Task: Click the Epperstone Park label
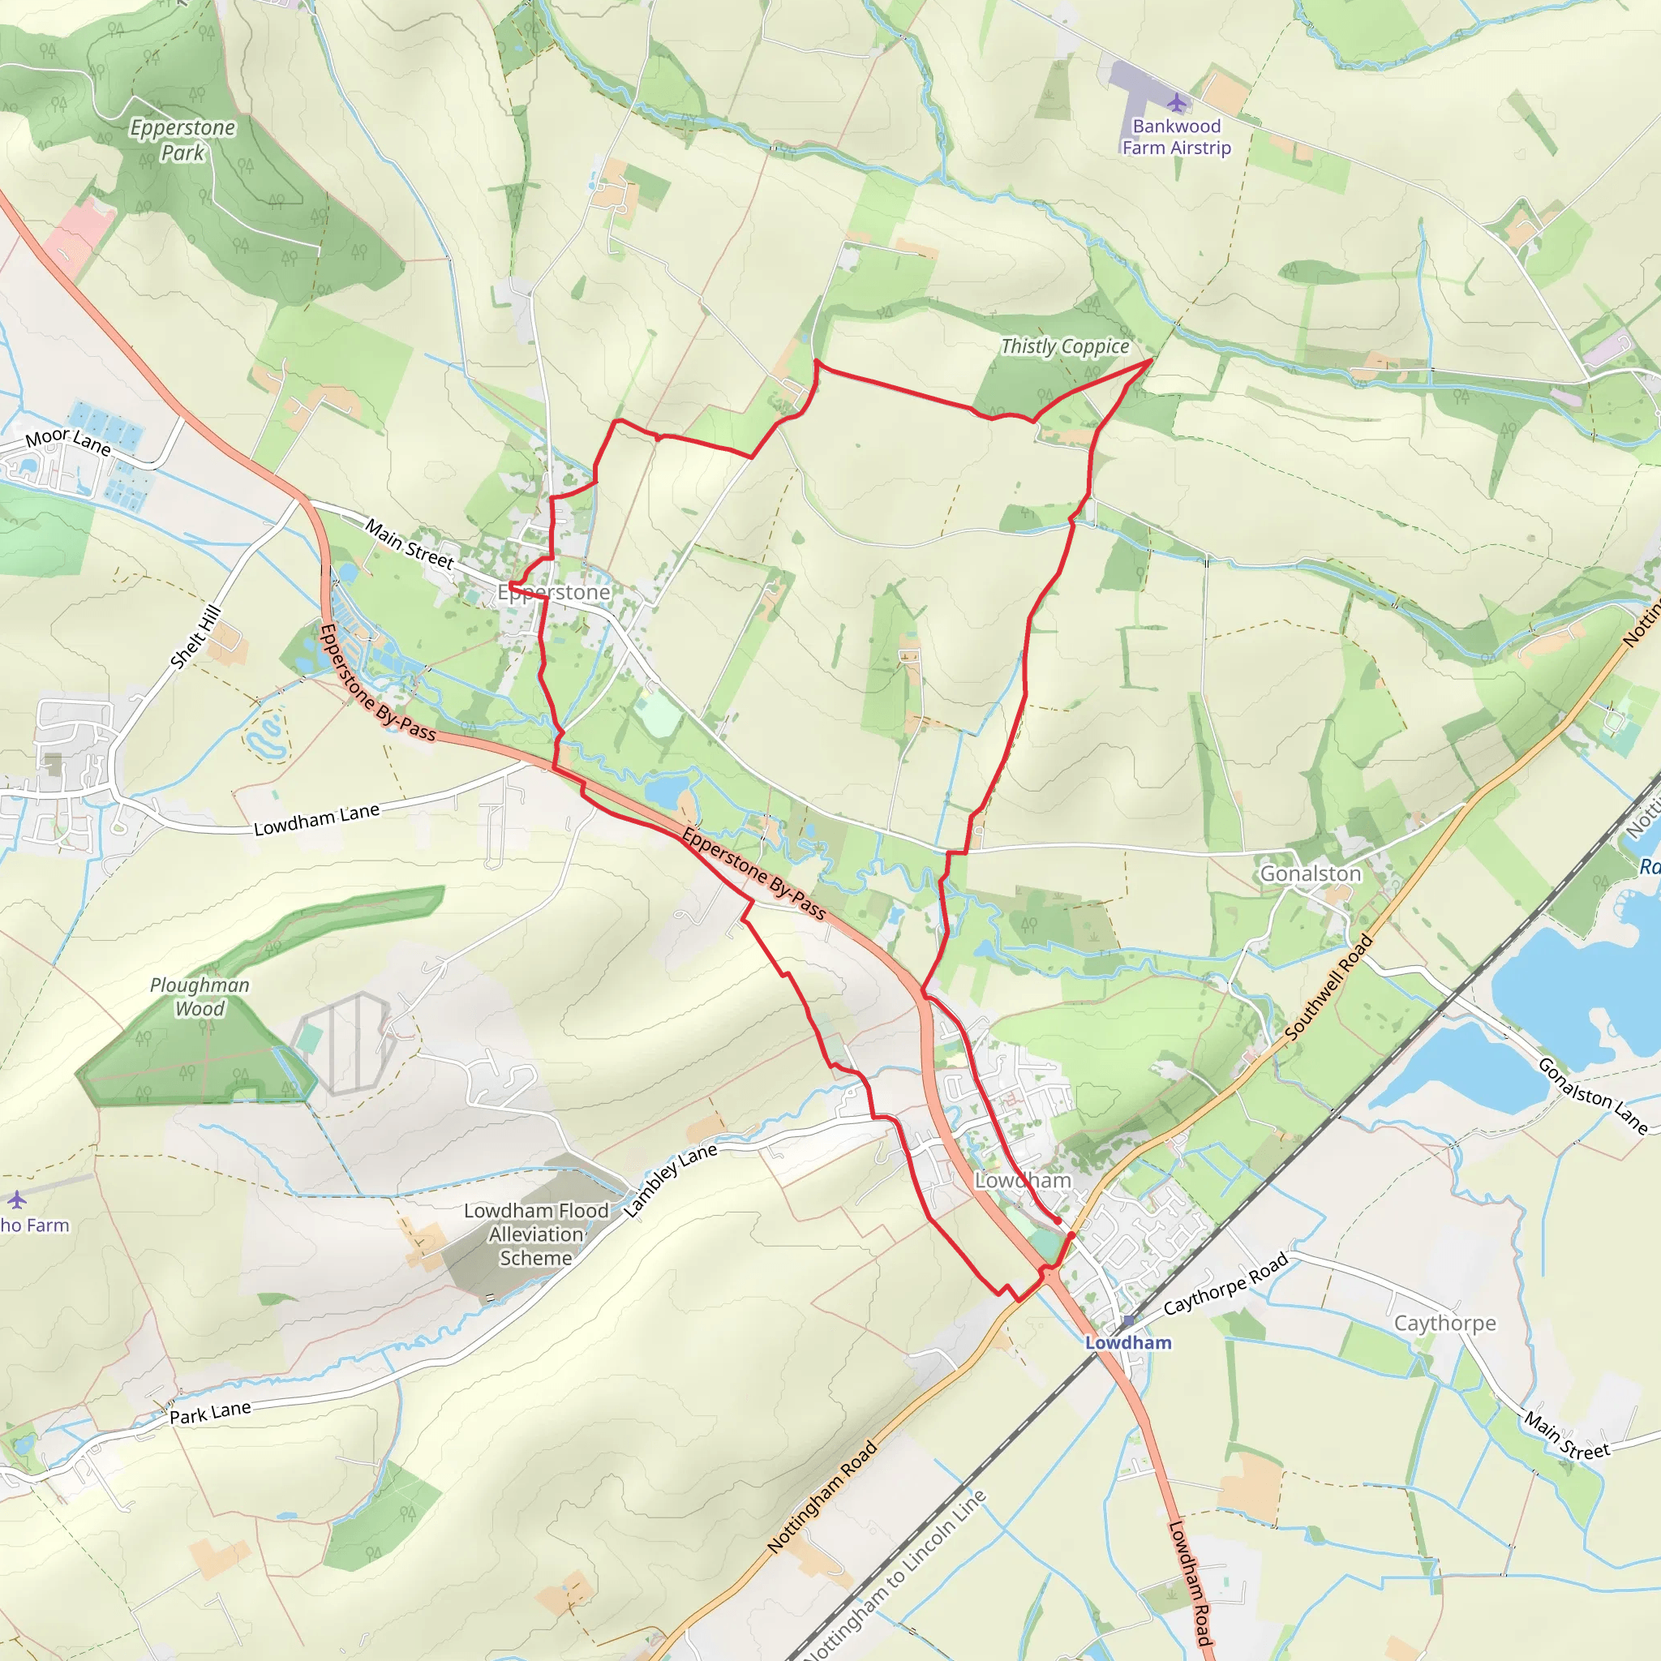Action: pyautogui.click(x=182, y=140)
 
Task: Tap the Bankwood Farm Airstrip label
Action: pyautogui.click(x=1176, y=138)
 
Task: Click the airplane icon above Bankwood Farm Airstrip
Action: pyautogui.click(x=1176, y=104)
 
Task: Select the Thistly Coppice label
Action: pyautogui.click(x=1064, y=346)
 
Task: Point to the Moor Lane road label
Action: pyautogui.click(x=68, y=442)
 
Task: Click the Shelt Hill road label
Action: pyautogui.click(x=196, y=637)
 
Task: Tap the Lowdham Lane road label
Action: pyautogui.click(x=316, y=819)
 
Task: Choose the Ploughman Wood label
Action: pyautogui.click(x=200, y=998)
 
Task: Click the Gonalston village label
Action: pyautogui.click(x=1311, y=874)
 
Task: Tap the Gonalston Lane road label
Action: pyautogui.click(x=1592, y=1097)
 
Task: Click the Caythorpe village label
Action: pyautogui.click(x=1444, y=1323)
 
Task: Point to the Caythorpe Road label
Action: pyautogui.click(x=1225, y=1284)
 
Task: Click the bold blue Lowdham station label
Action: pyautogui.click(x=1128, y=1343)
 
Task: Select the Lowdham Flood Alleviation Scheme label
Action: pyautogui.click(x=535, y=1234)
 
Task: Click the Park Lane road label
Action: pyautogui.click(x=210, y=1413)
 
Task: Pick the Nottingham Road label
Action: pyautogui.click(x=821, y=1497)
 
